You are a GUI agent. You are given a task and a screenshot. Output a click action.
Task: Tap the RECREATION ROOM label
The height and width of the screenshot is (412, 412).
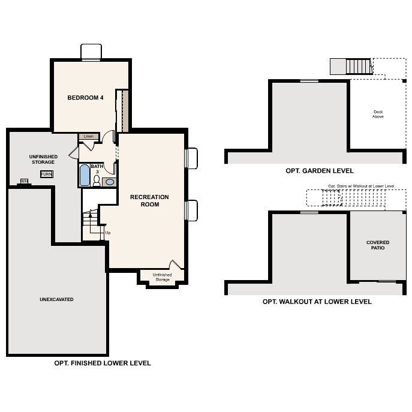coord(149,200)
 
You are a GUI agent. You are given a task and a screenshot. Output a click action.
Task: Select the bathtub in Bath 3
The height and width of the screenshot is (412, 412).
coord(84,176)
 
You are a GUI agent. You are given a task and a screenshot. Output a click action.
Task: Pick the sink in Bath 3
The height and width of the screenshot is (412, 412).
coord(110,182)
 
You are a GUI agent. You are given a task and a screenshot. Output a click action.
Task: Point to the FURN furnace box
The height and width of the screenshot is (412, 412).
coord(46,174)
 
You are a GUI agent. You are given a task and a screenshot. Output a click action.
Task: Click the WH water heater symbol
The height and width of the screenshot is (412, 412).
coord(25,181)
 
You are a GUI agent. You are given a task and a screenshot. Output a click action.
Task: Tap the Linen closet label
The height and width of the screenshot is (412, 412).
coord(89,136)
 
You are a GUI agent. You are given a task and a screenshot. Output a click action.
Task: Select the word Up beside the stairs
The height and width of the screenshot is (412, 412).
coord(108,233)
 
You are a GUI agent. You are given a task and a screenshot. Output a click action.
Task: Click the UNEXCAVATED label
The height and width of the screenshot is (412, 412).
coord(57,299)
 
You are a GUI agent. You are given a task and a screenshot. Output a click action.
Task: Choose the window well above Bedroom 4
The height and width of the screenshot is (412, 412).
coord(91,52)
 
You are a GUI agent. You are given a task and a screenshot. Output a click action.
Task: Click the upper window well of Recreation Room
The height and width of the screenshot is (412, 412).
coord(192,159)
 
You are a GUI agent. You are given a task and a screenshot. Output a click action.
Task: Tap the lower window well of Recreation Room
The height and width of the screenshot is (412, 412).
coord(192,211)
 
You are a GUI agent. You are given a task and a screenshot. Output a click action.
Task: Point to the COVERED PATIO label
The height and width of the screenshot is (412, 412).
coord(378,245)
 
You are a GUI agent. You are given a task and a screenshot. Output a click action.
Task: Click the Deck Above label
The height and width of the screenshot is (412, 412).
coord(378,114)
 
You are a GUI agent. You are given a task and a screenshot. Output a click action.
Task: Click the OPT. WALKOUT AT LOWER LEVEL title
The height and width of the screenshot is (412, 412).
coord(317,302)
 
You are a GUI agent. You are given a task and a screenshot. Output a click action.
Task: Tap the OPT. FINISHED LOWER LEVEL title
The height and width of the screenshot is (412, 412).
coord(103,363)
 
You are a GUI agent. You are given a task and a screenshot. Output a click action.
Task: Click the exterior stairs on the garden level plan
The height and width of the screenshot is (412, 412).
coord(350,66)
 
